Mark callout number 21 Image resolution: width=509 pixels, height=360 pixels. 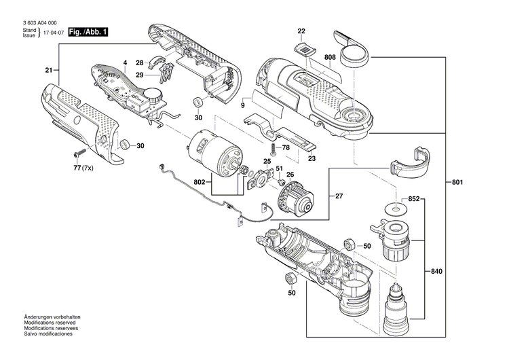(49, 71)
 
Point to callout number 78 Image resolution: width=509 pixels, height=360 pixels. (286, 147)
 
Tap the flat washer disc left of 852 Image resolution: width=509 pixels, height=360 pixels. (393, 206)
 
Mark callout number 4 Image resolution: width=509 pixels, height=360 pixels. (125, 63)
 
